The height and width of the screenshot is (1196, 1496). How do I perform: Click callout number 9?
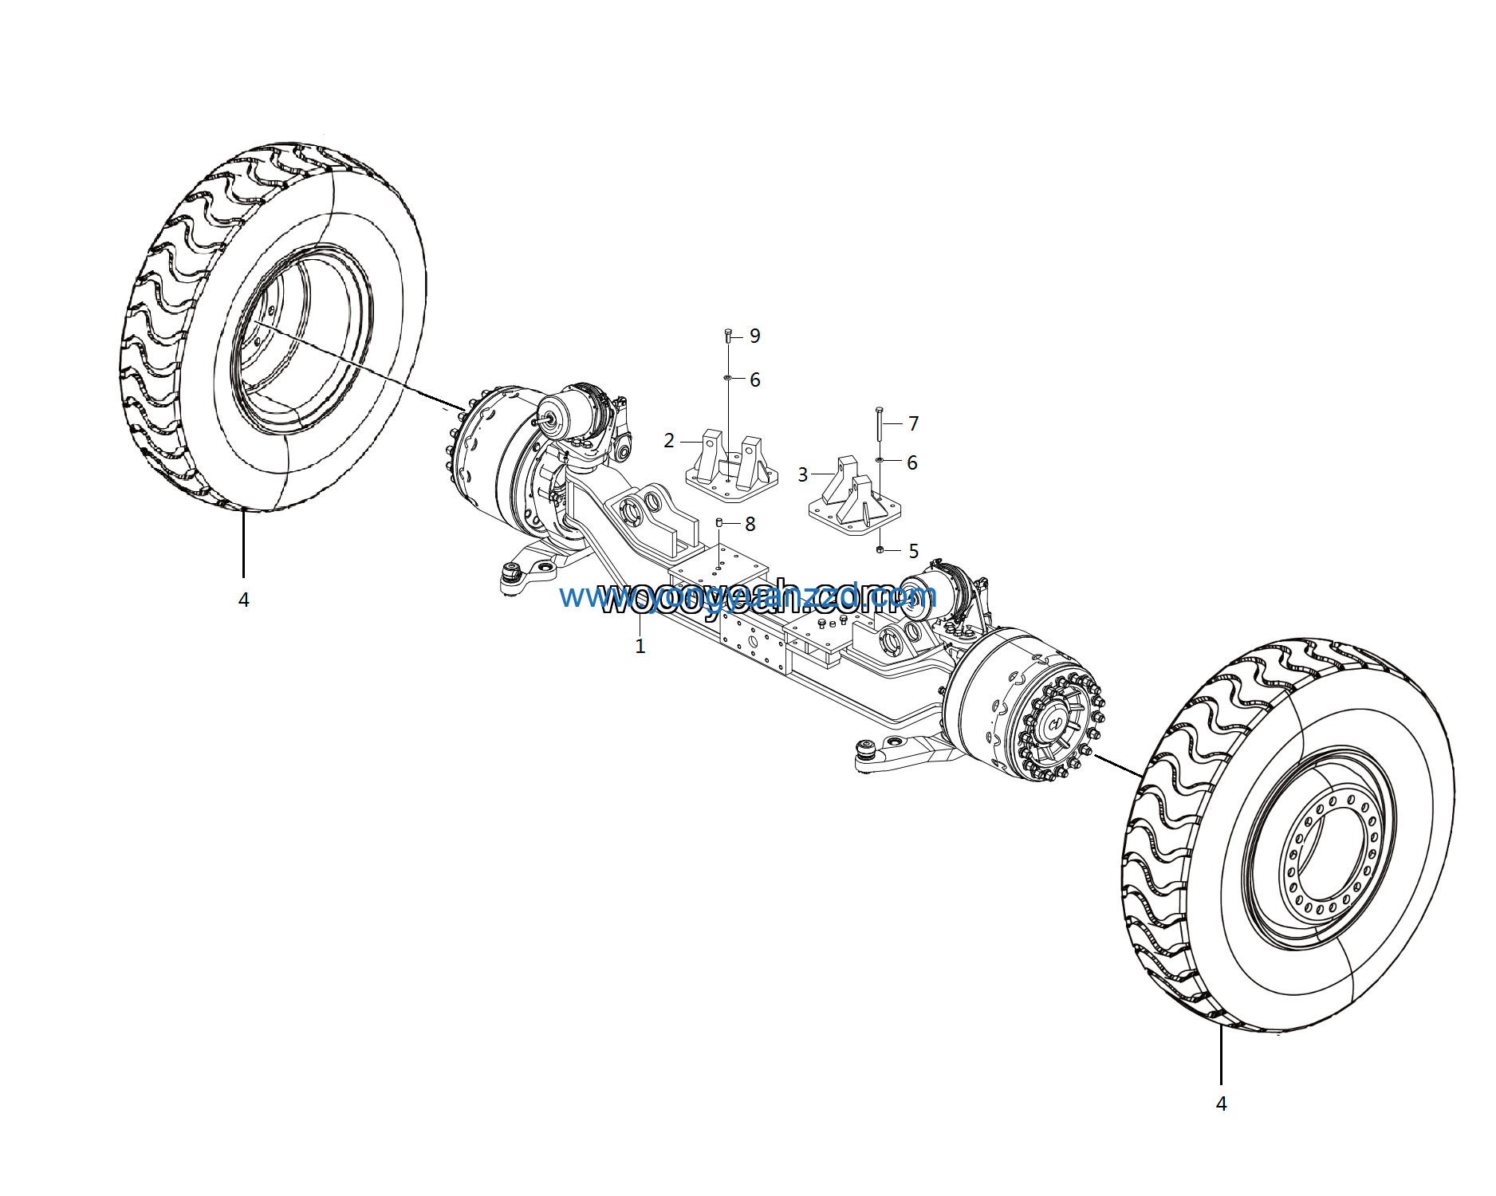pyautogui.click(x=754, y=336)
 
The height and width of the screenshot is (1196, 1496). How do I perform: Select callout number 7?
pyautogui.click(x=913, y=423)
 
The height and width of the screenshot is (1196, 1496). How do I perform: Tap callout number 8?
pyautogui.click(x=750, y=524)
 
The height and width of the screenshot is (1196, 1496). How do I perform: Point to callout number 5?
pyautogui.click(x=913, y=551)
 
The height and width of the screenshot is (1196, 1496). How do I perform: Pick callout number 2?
pyautogui.click(x=669, y=441)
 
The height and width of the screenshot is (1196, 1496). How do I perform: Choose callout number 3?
pyautogui.click(x=803, y=475)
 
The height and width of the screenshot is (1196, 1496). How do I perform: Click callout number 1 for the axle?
pyautogui.click(x=640, y=646)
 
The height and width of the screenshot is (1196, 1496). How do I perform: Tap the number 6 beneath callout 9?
pyautogui.click(x=754, y=380)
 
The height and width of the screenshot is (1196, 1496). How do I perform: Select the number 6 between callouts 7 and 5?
pyautogui.click(x=911, y=463)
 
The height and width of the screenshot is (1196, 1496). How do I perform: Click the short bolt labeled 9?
pyautogui.click(x=728, y=335)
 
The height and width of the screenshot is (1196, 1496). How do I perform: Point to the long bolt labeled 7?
pyautogui.click(x=879, y=423)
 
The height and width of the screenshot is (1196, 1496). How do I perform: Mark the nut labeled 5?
pyautogui.click(x=880, y=550)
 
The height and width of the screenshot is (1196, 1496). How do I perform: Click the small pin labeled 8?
pyautogui.click(x=719, y=522)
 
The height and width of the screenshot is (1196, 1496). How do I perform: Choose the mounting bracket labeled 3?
pyautogui.click(x=853, y=494)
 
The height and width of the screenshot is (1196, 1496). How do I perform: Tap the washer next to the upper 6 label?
pyautogui.click(x=728, y=377)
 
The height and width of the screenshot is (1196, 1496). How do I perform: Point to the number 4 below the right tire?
pyautogui.click(x=1221, y=1104)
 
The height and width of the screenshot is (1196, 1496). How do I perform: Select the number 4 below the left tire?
pyautogui.click(x=243, y=600)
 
